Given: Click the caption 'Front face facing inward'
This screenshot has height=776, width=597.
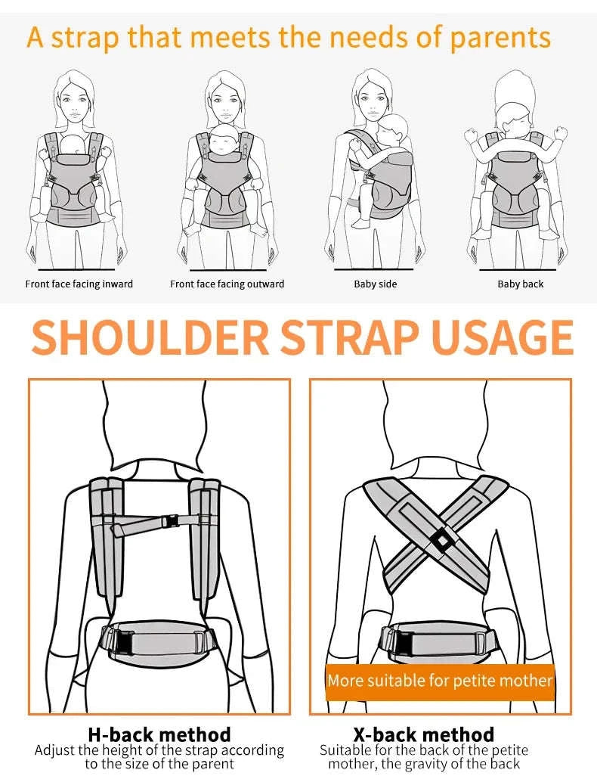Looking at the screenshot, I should click(79, 284).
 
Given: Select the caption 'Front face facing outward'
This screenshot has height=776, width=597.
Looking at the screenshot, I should click(227, 284).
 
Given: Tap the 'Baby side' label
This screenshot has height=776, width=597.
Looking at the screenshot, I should click(375, 284).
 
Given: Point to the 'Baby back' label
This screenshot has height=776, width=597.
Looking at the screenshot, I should click(520, 284).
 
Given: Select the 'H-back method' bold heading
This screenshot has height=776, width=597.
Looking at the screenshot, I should click(159, 734).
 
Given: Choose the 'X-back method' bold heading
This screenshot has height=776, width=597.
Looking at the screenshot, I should click(423, 734).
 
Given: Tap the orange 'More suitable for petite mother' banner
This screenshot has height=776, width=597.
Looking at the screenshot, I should click(440, 681).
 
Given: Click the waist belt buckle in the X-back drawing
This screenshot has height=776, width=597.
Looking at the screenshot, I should click(403, 641).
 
